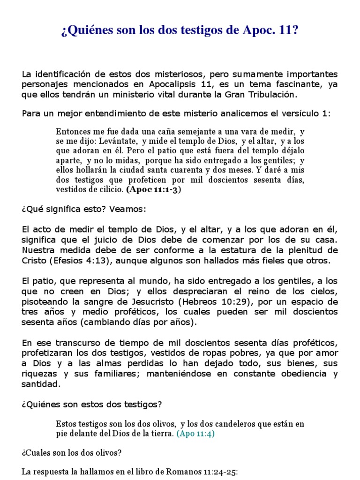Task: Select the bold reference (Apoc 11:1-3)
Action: (153, 190)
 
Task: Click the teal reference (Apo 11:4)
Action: (195, 434)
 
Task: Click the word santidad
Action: (41, 383)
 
